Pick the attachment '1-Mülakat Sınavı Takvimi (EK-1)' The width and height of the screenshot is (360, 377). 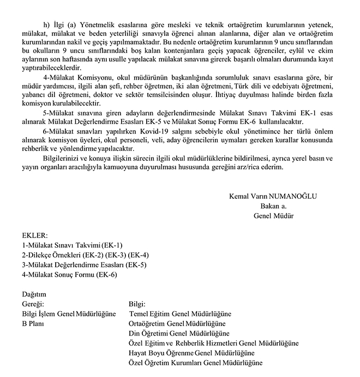tap(73, 246)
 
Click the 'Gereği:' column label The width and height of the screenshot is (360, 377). tap(33, 304)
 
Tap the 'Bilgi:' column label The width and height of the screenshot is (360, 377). tap(137, 304)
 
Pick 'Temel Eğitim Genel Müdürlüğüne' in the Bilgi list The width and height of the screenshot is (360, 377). tap(181, 314)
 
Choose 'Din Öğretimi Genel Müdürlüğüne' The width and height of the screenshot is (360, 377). tap(178, 333)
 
